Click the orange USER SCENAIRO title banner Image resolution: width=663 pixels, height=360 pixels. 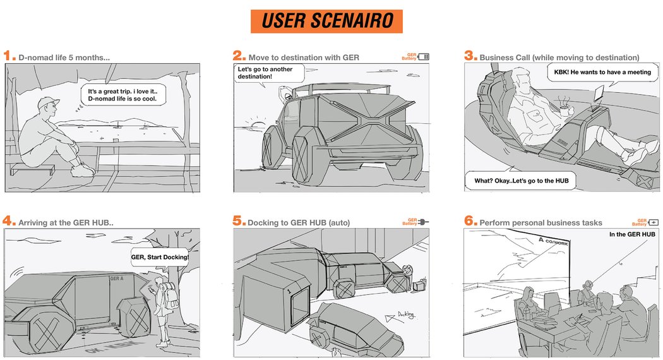pyautogui.click(x=326, y=21)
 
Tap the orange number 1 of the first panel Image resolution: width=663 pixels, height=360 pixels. pyautogui.click(x=9, y=56)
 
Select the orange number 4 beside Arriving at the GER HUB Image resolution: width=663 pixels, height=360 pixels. pyautogui.click(x=9, y=220)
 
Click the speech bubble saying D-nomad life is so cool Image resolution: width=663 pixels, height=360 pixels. pyautogui.click(x=121, y=95)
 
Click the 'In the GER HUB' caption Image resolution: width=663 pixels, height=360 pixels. pyautogui.click(x=631, y=234)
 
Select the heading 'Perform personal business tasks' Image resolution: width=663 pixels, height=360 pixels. pyautogui.click(x=541, y=222)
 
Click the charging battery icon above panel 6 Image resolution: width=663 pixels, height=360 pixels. pyautogui.click(x=654, y=222)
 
